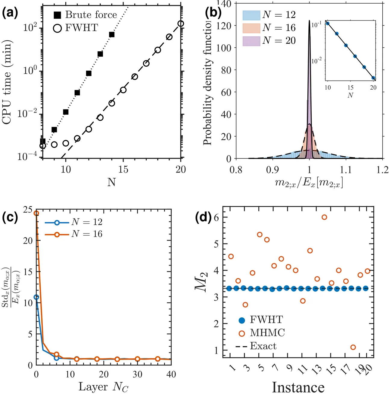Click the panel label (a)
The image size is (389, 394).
[10, 13]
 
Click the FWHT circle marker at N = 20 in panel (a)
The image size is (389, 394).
[181, 24]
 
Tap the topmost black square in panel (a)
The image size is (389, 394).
[112, 34]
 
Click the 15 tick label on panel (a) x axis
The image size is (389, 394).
[123, 169]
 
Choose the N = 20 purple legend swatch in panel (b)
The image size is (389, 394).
[251, 41]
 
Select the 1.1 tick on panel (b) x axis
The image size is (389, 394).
[346, 170]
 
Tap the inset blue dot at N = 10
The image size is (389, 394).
[328, 23]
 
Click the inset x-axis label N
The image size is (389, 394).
[350, 95]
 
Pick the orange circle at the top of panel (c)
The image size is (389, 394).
[36, 213]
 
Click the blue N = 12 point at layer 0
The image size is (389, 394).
[36, 297]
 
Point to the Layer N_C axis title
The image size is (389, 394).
[103, 387]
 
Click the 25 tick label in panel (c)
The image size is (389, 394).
[28, 210]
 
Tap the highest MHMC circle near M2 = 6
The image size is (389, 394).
[324, 217]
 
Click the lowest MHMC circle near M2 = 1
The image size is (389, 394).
[353, 347]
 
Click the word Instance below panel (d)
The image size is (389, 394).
[298, 387]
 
